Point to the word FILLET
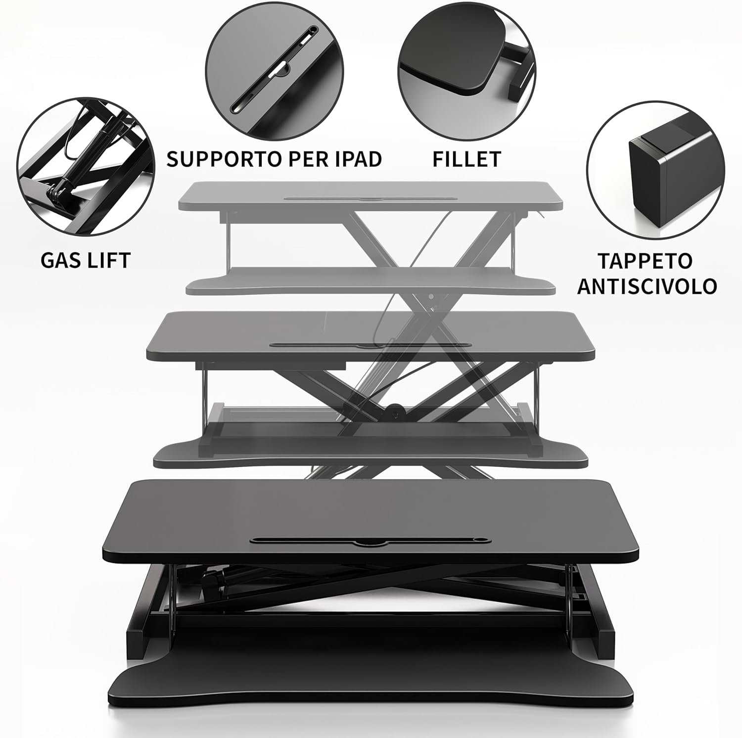(466, 159)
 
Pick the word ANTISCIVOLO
(647, 286)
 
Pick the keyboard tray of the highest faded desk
(371, 280)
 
